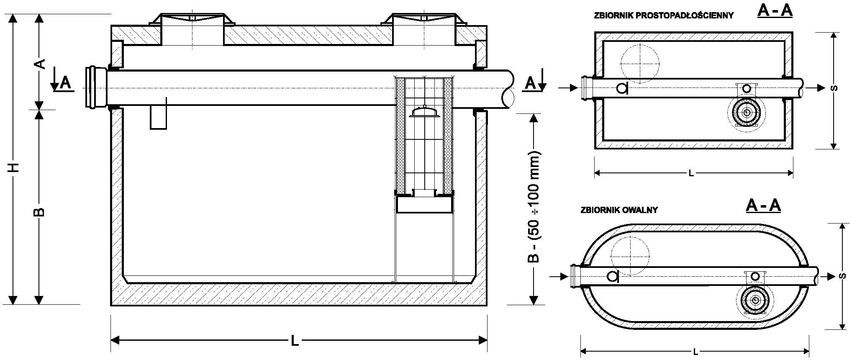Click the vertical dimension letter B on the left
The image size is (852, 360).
pos(39,211)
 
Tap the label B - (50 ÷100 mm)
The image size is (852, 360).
pos(534,207)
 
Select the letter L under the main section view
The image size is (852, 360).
pos(295,341)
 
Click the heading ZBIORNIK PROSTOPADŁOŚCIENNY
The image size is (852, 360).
pos(664,15)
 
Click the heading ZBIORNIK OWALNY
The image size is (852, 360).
pos(619,210)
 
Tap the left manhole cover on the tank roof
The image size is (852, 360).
pos(192,19)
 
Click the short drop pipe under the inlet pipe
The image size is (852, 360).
pos(159,117)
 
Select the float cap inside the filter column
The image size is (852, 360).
pos(424,112)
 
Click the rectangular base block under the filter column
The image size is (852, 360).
pos(424,205)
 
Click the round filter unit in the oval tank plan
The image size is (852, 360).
pos(755,300)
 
